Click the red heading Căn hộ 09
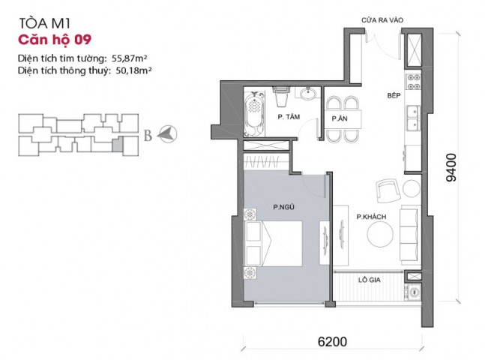55,40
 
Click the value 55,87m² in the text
129,58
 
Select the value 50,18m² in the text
133,70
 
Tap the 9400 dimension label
451,167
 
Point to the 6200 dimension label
332,342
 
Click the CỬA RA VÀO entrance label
382,20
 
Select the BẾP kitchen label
394,95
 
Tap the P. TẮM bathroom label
289,117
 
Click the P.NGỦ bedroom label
283,207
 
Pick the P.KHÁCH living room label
371,217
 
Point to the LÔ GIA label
370,280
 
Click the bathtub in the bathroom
254,113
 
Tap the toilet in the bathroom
281,96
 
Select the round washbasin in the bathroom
307,94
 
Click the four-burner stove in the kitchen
413,82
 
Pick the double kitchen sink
413,118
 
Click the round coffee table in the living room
380,234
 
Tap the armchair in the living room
388,190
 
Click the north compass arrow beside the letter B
167,134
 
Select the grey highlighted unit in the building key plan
117,145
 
